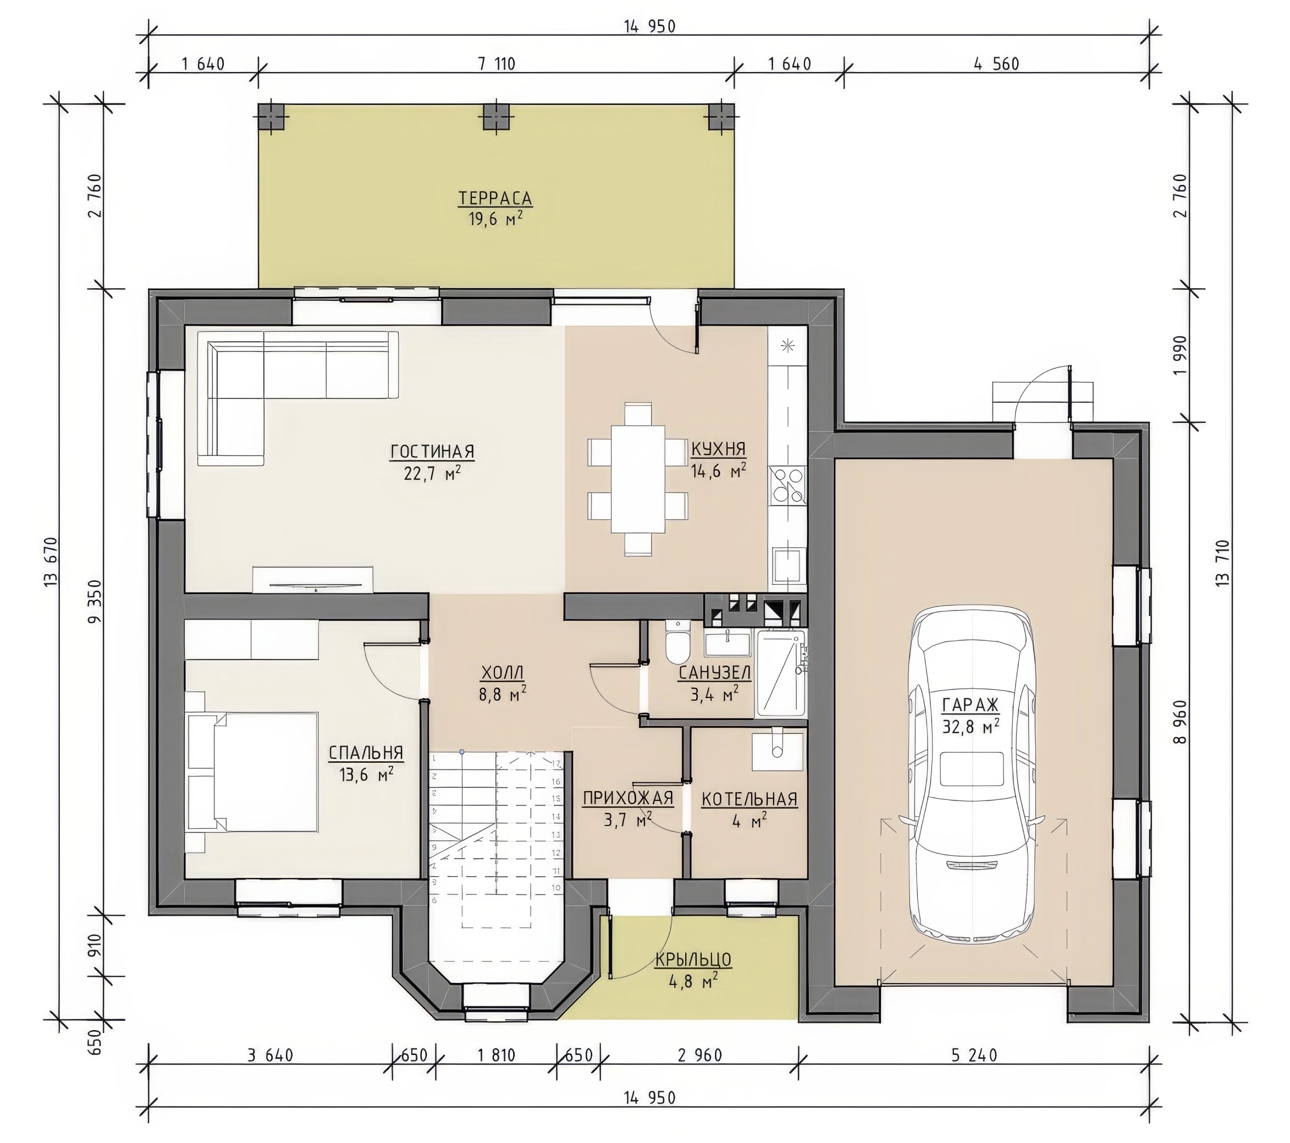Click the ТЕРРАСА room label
[495, 198]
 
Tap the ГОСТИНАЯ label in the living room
[432, 452]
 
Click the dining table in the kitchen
[637, 479]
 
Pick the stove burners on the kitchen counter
[787, 485]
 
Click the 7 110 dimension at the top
[497, 64]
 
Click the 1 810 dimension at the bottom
[497, 1055]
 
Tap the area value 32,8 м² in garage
[971, 727]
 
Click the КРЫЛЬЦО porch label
[693, 959]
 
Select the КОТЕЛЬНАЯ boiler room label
[749, 799]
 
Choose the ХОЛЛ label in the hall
[503, 673]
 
